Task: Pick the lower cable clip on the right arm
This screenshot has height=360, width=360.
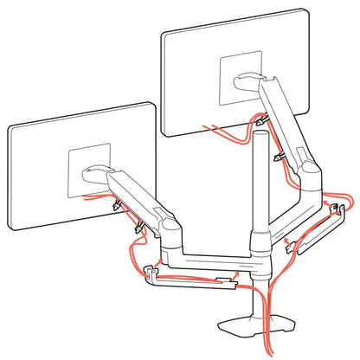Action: click(x=279, y=157)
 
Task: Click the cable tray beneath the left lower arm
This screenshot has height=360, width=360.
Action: click(x=195, y=280)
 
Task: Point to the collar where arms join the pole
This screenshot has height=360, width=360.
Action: click(x=259, y=241)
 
